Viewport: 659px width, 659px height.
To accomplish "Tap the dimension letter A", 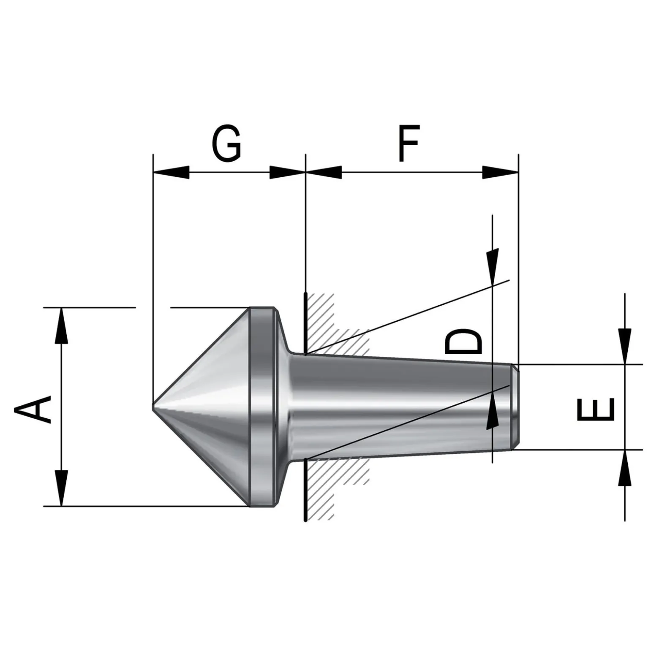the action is point(33,409).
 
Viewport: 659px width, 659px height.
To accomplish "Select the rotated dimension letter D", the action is point(463,342).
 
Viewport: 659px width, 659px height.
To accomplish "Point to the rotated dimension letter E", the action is point(595,410).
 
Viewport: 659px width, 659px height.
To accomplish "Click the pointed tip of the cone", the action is point(153,407).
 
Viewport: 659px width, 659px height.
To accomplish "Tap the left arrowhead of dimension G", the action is point(171,172).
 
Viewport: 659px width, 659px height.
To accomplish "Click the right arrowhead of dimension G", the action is point(287,172).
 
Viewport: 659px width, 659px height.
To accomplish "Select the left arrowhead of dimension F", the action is point(324,172).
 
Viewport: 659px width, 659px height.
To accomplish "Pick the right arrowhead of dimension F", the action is point(500,172).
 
